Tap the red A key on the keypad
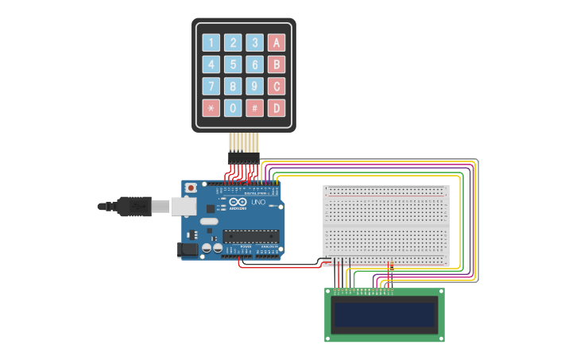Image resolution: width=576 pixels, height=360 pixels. click(x=276, y=43)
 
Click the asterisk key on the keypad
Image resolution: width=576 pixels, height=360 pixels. click(x=211, y=108)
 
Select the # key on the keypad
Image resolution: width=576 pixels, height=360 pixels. click(x=254, y=108)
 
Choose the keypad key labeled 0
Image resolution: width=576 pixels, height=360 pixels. click(x=233, y=108)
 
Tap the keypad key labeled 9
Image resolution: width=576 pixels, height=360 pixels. click(x=254, y=86)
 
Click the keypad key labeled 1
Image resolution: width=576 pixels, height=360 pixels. click(x=211, y=43)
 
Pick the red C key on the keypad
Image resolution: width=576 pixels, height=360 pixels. click(x=276, y=86)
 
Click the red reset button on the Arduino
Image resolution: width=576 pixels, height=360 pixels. click(x=191, y=188)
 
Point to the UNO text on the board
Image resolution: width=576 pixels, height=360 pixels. click(x=259, y=203)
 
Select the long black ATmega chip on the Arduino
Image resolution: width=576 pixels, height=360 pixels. click(x=251, y=235)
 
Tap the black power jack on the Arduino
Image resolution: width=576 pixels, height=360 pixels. click(x=187, y=249)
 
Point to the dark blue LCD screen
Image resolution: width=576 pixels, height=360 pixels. click(x=385, y=315)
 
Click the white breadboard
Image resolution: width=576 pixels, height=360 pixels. click(x=386, y=226)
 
